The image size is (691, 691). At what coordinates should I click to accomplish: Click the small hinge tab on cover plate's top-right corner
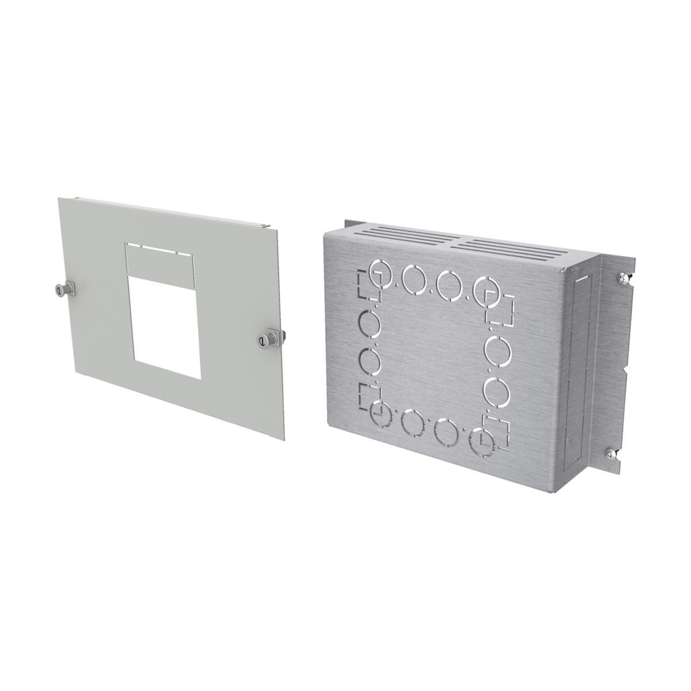point(264,225)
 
